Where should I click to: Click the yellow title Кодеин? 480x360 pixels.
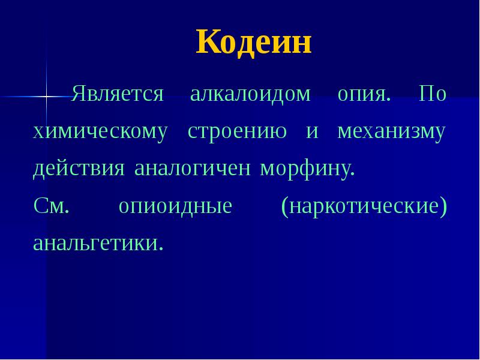pos(254,43)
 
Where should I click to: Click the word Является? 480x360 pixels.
pos(118,95)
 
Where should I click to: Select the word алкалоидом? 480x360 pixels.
pos(250,95)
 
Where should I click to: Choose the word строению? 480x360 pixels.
pos(237,132)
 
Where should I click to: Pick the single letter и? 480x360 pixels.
pos(311,132)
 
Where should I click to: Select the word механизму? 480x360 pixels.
pos(391,132)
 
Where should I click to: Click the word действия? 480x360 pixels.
pos(79,169)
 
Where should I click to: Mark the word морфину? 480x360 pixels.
pos(307,169)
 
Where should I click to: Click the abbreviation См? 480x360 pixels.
pos(52,206)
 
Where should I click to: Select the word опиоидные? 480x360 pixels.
pos(175,207)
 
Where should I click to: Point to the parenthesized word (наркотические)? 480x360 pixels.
pos(364,207)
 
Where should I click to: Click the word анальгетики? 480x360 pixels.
pos(98,244)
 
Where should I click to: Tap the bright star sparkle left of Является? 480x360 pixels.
pos(46,96)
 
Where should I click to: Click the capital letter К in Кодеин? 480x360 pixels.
pos(208,43)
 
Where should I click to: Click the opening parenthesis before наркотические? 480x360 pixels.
pos(284,207)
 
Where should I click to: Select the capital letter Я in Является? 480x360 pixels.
pos(79,95)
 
